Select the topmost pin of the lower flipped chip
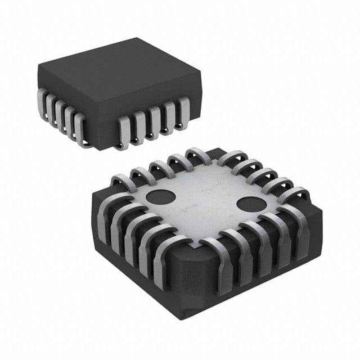pos(197,154)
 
